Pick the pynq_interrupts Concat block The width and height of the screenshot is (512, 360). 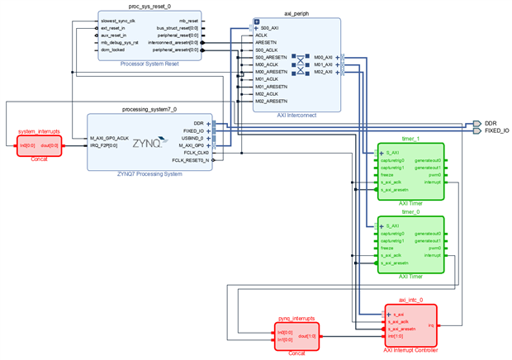[296, 336]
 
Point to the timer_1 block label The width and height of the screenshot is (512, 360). [410, 140]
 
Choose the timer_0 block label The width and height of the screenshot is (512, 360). [410, 212]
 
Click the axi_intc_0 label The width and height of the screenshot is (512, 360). [410, 301]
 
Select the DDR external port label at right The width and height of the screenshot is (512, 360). [491, 123]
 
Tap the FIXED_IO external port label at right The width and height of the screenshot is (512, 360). [496, 130]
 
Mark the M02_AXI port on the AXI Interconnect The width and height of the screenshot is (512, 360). [323, 72]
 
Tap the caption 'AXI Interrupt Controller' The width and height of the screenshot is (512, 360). [410, 350]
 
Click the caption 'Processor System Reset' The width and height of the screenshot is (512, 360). [149, 63]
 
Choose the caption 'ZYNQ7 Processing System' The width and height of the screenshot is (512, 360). [149, 174]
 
